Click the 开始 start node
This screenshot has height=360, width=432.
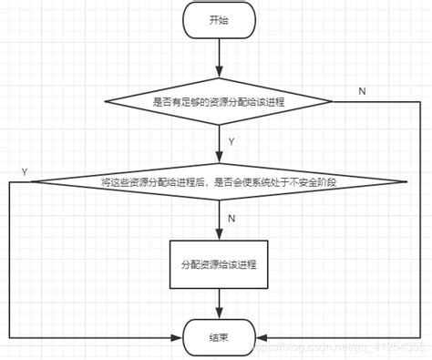point(220,20)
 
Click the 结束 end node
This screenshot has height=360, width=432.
point(220,337)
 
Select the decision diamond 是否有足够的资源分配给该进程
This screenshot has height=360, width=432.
point(220,101)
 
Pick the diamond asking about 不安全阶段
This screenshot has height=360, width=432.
point(220,182)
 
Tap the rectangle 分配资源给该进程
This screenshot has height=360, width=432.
point(220,264)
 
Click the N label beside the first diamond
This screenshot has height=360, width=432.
point(363,90)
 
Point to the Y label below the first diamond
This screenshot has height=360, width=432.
point(231,142)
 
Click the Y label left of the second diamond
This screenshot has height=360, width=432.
point(25,171)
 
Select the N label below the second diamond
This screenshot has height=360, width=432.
point(231,220)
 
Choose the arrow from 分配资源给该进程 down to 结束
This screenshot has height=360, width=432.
point(220,303)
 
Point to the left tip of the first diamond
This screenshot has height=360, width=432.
point(108,101)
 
